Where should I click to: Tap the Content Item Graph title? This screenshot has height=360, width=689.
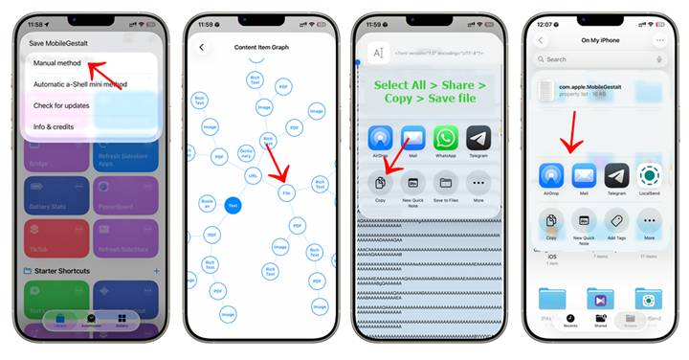pyautogui.click(x=261, y=47)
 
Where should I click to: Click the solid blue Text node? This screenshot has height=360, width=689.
pyautogui.click(x=233, y=205)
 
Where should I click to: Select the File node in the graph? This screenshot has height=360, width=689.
pyautogui.click(x=286, y=192)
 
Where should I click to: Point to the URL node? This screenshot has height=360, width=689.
pyautogui.click(x=254, y=176)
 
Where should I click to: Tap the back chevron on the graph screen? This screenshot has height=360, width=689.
pyautogui.click(x=202, y=47)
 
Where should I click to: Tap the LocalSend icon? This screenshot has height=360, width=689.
pyautogui.click(x=650, y=177)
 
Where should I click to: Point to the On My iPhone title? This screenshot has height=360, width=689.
pyautogui.click(x=600, y=40)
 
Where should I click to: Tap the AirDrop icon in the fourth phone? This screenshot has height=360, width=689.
pyautogui.click(x=551, y=177)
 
